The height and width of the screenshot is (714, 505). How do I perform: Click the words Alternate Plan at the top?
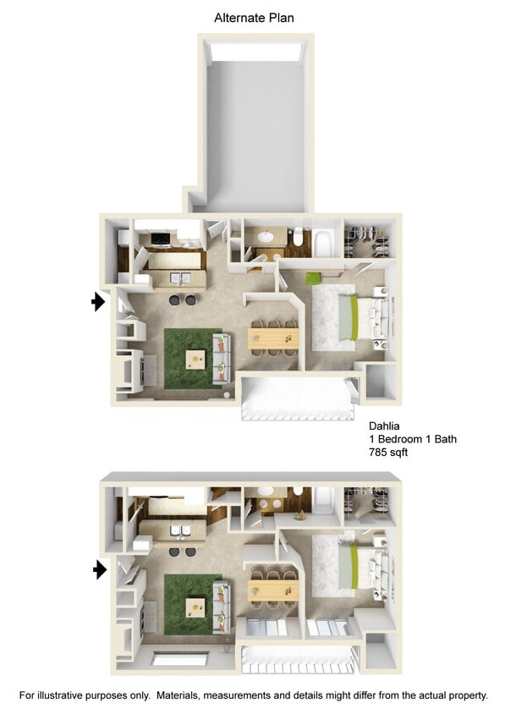[254, 17]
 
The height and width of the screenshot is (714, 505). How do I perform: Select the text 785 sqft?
[390, 453]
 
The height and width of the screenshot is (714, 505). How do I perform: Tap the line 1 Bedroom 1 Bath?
[413, 439]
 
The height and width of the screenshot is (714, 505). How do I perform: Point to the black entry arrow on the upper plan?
[98, 301]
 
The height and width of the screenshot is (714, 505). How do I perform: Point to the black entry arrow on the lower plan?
[99, 570]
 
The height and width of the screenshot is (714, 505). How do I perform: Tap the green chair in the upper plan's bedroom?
[315, 277]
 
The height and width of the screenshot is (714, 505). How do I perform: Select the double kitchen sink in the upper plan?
[180, 278]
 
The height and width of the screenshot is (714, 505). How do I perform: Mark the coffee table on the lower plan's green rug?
[196, 606]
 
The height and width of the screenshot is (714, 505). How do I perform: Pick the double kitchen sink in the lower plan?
[178, 532]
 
